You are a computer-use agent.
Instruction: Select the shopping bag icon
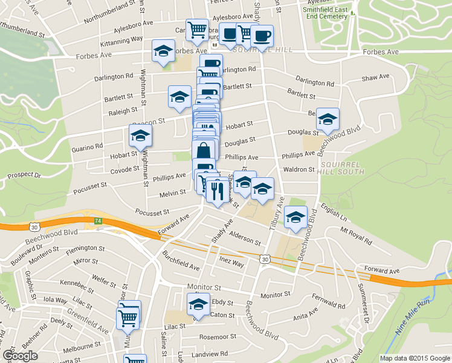[204, 150]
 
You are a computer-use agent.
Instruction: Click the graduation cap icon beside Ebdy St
[198, 305]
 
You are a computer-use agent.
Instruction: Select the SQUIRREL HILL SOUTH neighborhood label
[342, 168]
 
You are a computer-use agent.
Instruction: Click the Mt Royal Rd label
[356, 236]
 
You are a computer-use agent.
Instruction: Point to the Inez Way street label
[231, 264]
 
